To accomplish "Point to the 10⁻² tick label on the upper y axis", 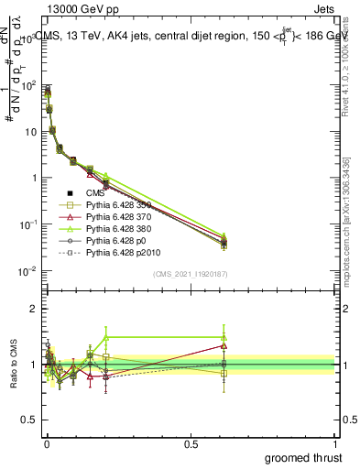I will click(26, 271).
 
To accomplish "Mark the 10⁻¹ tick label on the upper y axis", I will click(26, 224).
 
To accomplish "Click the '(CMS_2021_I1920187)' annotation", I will click(190, 274).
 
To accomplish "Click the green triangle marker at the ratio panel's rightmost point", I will click(224, 337).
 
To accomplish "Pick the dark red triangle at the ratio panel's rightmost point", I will click(224, 345).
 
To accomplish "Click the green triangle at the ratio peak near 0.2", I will click(106, 337).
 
